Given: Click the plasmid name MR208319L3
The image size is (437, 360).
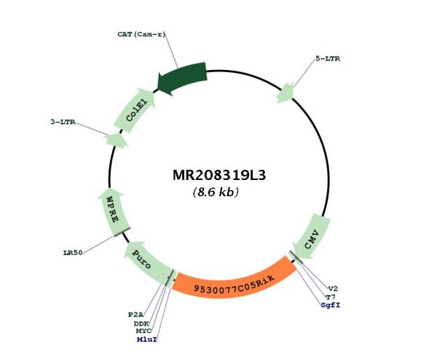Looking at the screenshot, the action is [219, 175].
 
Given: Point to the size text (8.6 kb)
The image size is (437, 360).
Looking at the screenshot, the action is [216, 192].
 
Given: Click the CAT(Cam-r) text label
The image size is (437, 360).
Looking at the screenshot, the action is [141, 34].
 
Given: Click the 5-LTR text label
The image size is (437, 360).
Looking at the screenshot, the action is [328, 58].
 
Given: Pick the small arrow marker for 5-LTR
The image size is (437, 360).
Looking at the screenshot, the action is [285, 93].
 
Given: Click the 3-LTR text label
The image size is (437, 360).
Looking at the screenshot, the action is [63, 122].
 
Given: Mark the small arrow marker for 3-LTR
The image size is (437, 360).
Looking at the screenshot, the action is [117, 140].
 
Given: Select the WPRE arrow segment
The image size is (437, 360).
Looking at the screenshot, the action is [113, 211].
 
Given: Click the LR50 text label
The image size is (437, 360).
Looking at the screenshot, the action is [73, 253].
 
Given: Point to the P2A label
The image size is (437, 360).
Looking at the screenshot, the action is [135, 315].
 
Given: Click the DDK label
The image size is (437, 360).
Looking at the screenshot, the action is [141, 324].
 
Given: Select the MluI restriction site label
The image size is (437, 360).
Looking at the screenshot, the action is [147, 340].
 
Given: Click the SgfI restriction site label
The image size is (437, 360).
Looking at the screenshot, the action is [331, 305].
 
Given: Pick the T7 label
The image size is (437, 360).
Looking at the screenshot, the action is [331, 297].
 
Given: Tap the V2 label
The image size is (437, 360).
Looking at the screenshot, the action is [333, 289].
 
